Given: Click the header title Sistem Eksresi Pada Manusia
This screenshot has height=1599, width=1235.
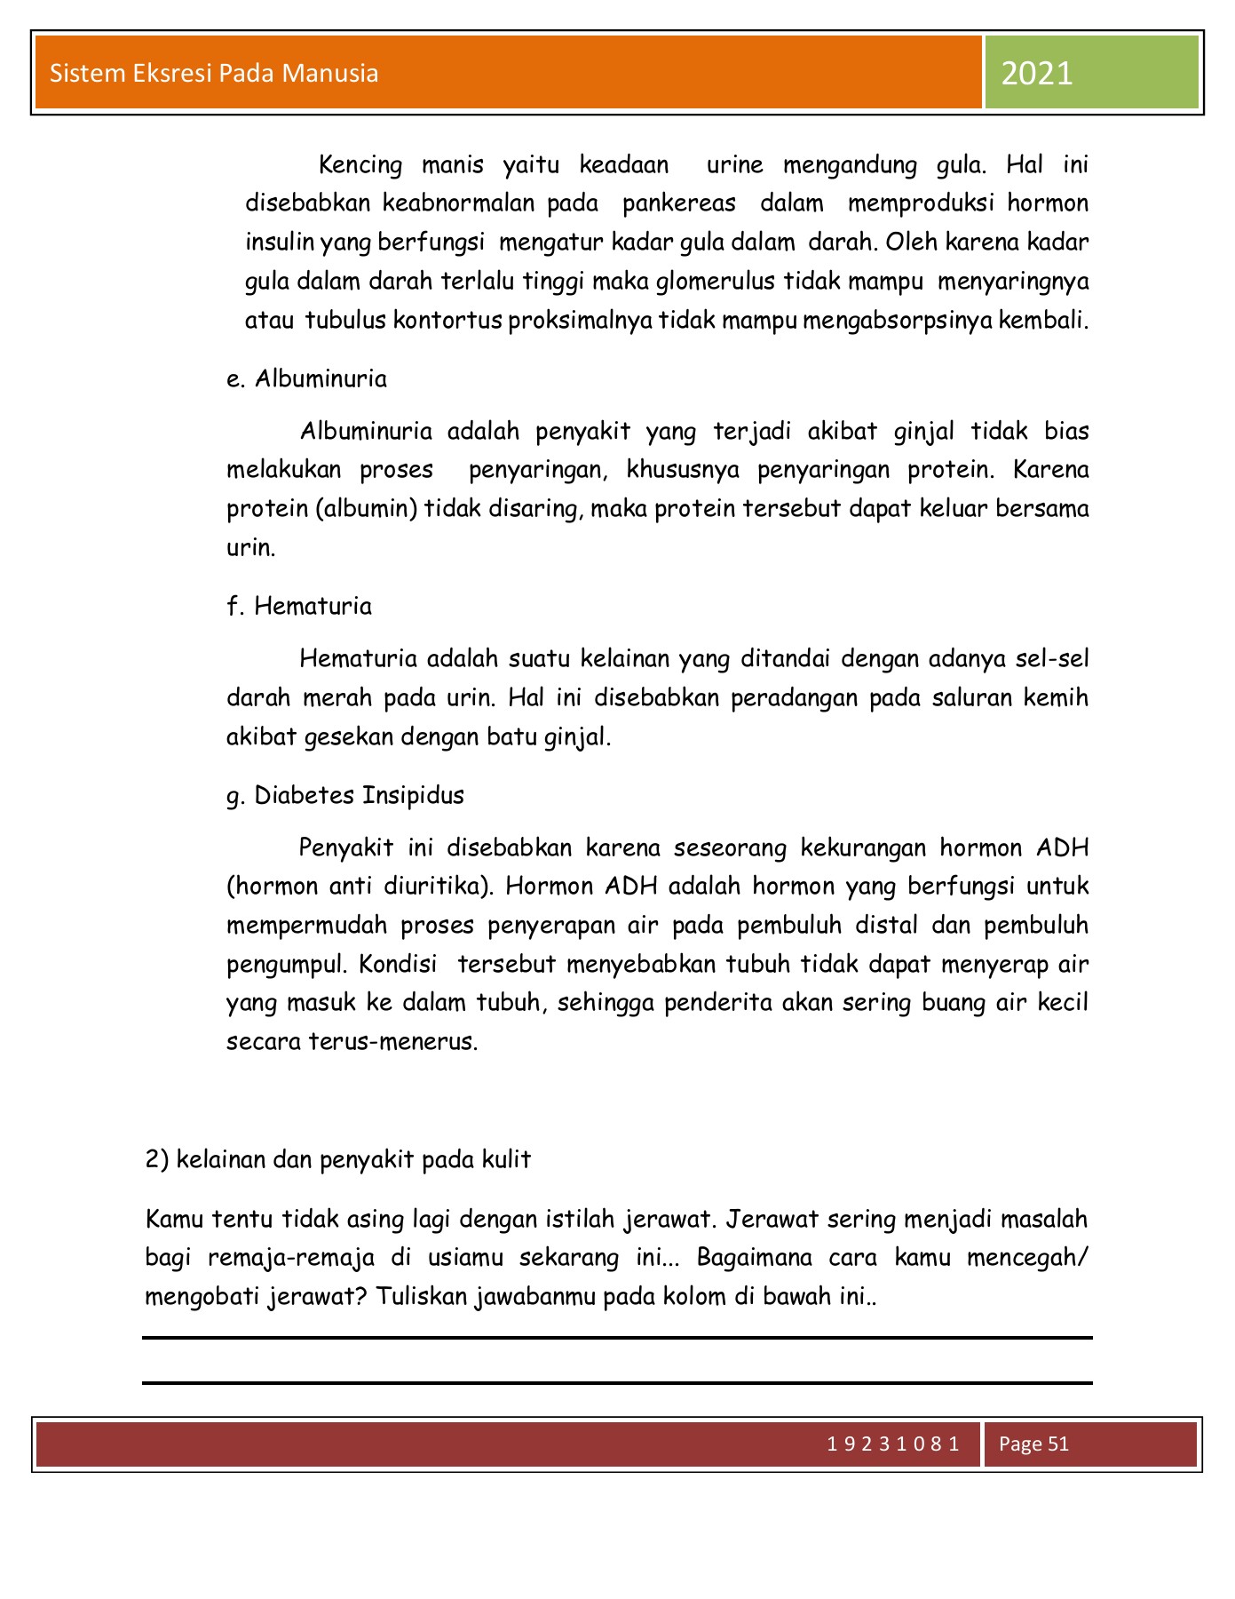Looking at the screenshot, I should [x=214, y=73].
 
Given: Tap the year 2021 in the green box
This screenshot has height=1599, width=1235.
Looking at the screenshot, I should [x=1037, y=74].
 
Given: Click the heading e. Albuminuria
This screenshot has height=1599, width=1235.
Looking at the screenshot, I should [x=307, y=379].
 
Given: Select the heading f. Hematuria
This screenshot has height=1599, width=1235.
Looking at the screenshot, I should [x=299, y=607].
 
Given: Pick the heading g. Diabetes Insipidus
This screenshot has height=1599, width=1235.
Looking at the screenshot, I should [x=345, y=795].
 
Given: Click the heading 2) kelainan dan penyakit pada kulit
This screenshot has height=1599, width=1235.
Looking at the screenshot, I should [x=337, y=1159].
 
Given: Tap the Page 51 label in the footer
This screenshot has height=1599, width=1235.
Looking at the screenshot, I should [x=1033, y=1444].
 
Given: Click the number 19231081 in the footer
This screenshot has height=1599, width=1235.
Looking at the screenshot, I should [x=892, y=1444].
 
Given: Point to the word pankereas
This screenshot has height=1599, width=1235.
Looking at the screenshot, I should [x=679, y=203].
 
